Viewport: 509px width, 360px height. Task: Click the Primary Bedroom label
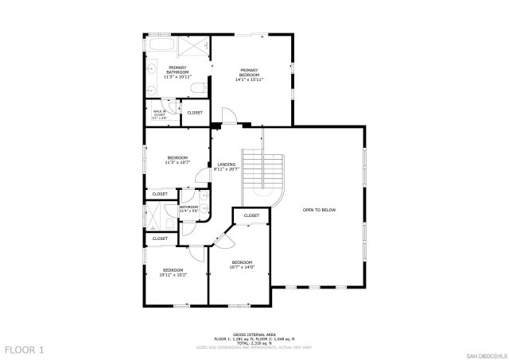click(249, 75)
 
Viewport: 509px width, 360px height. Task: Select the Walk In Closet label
click(159, 114)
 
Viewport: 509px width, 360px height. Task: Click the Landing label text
click(227, 167)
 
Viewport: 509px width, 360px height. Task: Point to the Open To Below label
click(319, 210)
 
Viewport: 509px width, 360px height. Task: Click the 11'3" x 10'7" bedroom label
click(177, 160)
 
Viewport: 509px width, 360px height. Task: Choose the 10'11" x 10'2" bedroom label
click(173, 272)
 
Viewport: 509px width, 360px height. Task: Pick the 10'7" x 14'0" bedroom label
click(242, 265)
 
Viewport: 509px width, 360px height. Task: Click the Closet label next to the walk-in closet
click(195, 113)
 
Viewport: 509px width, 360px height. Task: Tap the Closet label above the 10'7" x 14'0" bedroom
click(251, 215)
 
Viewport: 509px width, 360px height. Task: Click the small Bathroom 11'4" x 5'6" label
click(188, 209)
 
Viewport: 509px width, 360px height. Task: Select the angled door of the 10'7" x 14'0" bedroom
click(225, 235)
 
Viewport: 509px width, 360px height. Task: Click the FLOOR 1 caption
click(24, 349)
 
